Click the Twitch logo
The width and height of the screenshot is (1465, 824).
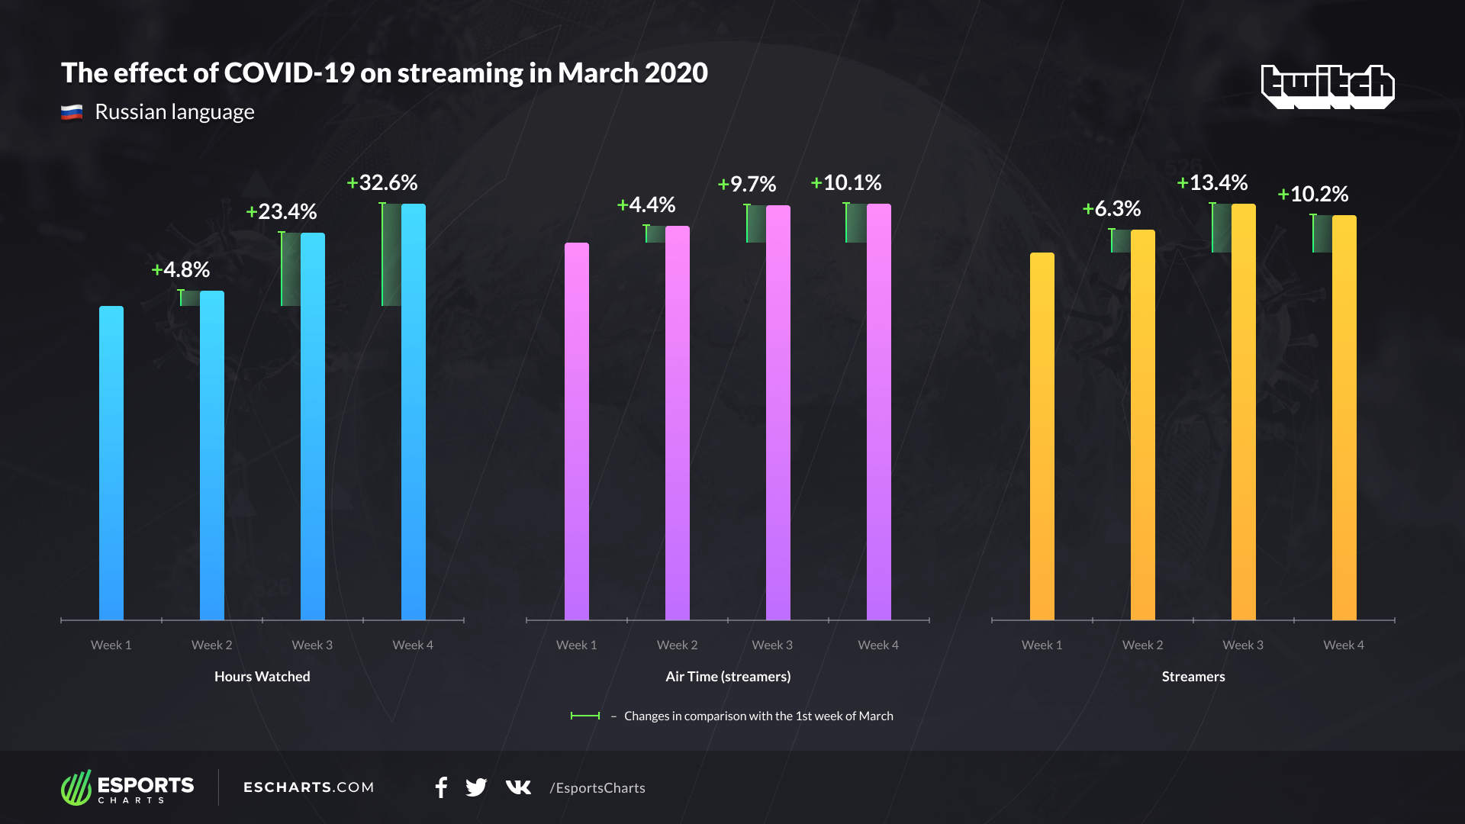coord(1328,85)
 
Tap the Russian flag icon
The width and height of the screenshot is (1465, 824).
coord(72,113)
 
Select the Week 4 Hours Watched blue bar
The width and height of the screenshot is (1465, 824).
coord(413,412)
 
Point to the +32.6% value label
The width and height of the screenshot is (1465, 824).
coord(382,183)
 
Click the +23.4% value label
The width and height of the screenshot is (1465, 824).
coord(282,212)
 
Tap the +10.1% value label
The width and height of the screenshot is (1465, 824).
coord(846,183)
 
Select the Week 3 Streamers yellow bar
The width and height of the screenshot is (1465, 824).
coord(1243,412)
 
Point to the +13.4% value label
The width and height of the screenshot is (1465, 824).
coord(1212,183)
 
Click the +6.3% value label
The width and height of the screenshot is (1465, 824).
coord(1112,209)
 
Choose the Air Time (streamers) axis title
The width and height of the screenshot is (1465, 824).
coord(728,677)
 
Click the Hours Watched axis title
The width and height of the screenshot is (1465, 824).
coord(262,677)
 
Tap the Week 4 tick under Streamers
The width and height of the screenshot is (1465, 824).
coord(1344,645)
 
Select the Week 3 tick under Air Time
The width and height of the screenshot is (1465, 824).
coord(772,645)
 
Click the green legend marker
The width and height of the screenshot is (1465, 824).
coord(585,716)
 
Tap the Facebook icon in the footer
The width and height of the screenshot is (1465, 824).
coord(441,787)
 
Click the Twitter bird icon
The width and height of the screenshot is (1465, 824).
coord(476,787)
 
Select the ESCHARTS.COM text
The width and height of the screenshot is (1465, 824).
coord(309,787)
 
